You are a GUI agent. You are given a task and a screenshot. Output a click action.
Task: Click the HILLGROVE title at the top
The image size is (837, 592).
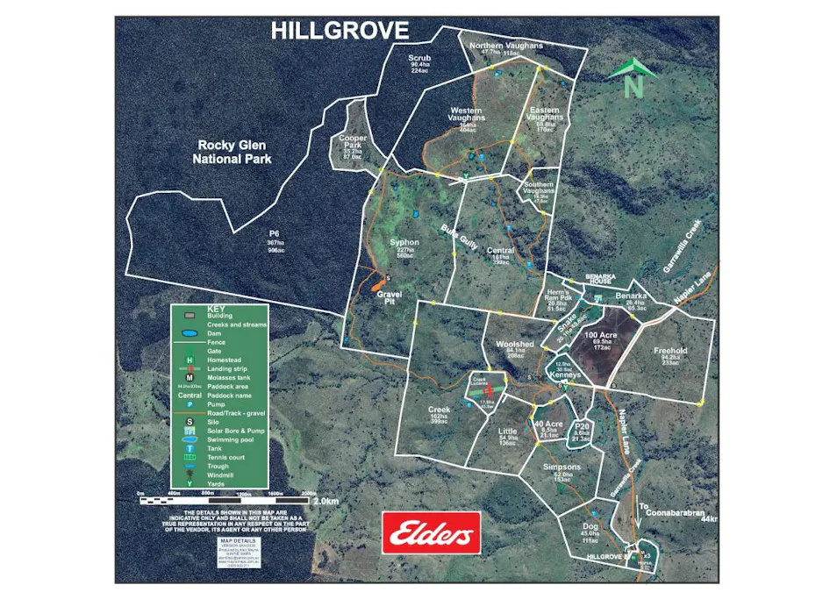[340, 32]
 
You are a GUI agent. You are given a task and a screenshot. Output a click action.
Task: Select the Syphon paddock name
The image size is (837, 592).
[404, 242]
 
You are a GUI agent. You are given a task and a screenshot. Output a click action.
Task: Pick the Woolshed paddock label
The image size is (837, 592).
[514, 345]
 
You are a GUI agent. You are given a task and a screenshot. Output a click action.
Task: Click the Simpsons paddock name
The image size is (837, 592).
[562, 468]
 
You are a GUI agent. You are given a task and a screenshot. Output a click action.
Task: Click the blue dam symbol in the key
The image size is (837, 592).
[189, 334]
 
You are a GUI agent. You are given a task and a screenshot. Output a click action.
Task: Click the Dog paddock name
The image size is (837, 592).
[590, 525]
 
